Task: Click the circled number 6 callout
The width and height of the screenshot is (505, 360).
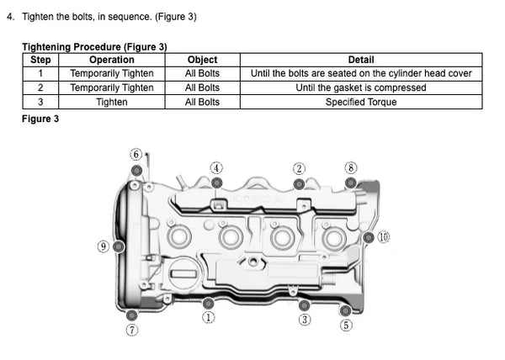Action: [x=136, y=154]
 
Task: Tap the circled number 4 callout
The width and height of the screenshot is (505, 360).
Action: [x=216, y=167]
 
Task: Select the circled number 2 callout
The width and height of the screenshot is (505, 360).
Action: [x=299, y=167]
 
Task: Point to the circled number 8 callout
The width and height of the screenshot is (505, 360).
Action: [x=351, y=167]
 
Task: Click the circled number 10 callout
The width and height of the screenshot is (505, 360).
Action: [x=384, y=237]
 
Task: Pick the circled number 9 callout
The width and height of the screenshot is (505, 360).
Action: [x=104, y=246]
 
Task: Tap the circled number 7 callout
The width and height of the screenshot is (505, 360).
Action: [x=132, y=330]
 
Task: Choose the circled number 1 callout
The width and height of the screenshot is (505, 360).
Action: [x=208, y=317]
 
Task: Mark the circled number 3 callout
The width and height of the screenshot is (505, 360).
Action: [x=305, y=320]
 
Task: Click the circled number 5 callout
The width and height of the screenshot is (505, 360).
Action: [x=346, y=326]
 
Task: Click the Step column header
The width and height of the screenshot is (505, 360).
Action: [x=40, y=60]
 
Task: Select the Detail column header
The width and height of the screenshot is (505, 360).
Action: [x=361, y=60]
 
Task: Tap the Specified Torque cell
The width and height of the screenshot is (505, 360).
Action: [x=361, y=102]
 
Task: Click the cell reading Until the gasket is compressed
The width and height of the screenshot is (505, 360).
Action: [x=361, y=87]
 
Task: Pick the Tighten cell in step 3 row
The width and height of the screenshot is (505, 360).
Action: [x=112, y=102]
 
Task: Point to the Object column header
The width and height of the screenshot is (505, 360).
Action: [x=202, y=60]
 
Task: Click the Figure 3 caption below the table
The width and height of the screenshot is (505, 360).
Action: [x=40, y=119]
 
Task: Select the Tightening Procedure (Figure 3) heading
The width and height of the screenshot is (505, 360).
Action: [x=94, y=46]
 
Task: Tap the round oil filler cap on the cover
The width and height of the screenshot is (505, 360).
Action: [x=183, y=271]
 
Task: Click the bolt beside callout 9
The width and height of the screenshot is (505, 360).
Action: [x=119, y=246]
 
